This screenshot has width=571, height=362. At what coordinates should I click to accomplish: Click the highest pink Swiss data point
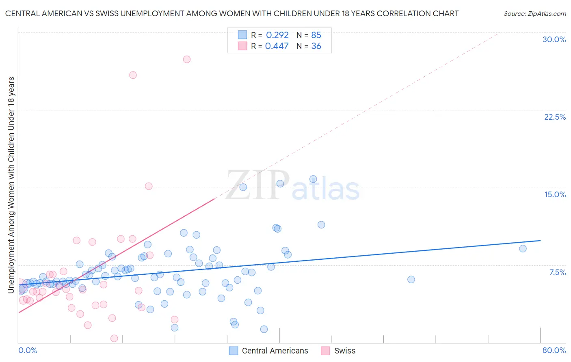click(187, 59)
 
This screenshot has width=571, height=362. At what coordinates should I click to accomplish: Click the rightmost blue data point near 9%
click(523, 248)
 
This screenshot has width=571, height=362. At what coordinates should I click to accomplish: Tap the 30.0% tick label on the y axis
click(554, 39)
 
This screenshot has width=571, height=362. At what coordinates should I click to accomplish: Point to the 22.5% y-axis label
click(555, 117)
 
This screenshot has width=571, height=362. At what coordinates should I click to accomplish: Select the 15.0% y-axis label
click(555, 194)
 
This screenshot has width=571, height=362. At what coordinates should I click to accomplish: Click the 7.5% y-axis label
click(557, 272)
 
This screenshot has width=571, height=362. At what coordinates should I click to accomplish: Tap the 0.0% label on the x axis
click(28, 350)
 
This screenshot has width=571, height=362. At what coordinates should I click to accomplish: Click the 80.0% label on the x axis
click(554, 350)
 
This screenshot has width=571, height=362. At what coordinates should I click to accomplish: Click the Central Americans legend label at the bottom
click(275, 351)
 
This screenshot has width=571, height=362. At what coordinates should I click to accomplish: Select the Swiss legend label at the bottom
click(344, 351)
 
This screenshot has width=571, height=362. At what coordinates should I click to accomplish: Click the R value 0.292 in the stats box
click(277, 35)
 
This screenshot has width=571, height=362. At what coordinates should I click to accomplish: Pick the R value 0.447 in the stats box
click(277, 46)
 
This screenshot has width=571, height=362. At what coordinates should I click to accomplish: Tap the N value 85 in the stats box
click(316, 35)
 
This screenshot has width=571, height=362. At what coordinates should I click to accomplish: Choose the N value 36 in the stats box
click(316, 46)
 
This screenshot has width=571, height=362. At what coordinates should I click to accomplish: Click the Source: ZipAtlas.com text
click(534, 14)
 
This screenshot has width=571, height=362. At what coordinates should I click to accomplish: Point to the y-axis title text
click(11, 185)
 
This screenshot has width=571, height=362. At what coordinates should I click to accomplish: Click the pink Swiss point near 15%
click(149, 186)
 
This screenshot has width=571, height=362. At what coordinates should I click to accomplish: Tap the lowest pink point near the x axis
click(114, 338)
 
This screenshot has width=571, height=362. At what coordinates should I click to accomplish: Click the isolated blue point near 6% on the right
click(411, 280)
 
